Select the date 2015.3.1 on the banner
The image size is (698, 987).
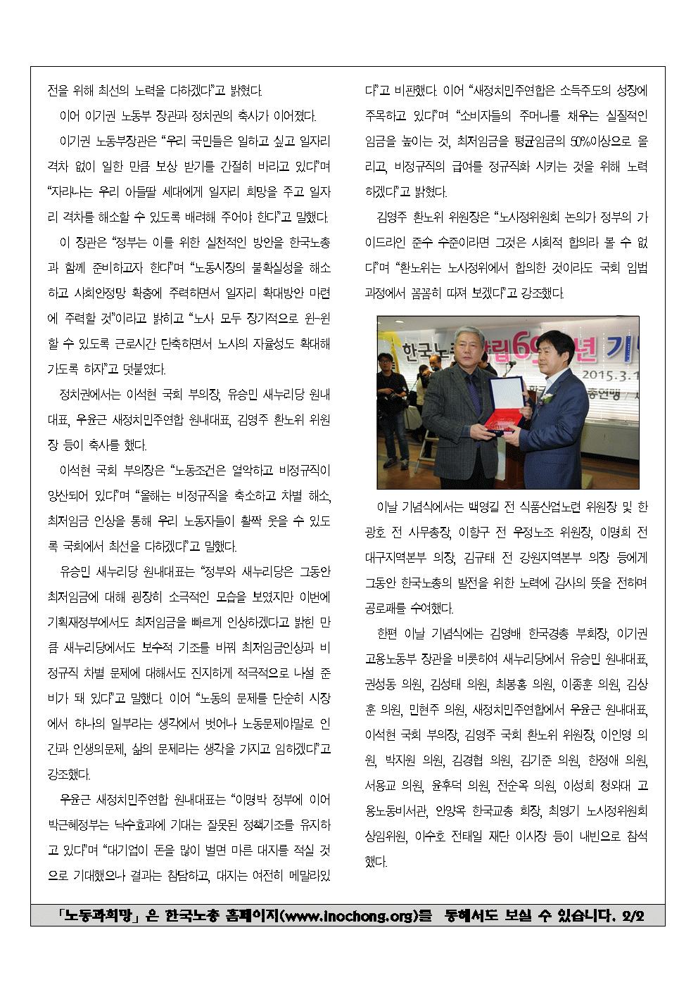point(609,374)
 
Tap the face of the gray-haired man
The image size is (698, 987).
point(468,348)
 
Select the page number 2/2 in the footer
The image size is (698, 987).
point(633,916)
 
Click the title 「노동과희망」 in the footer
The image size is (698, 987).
point(99,916)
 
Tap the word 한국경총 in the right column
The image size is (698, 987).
point(548,634)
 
